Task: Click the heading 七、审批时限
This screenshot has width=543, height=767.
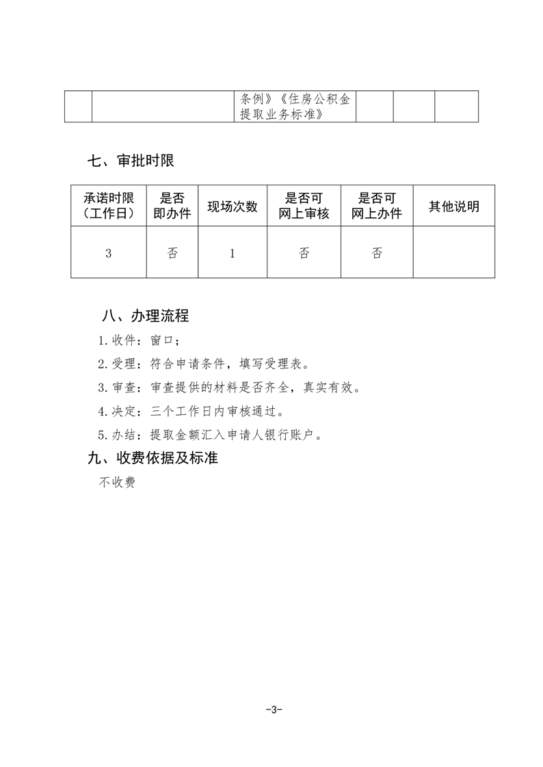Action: [131, 161]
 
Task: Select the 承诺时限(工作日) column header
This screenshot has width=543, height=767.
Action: [108, 206]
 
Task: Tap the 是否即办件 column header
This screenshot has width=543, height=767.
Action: [172, 206]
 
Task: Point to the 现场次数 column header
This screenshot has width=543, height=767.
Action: [233, 206]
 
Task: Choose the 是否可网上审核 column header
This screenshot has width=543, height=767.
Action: [304, 206]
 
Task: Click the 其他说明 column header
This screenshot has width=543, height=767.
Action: [453, 206]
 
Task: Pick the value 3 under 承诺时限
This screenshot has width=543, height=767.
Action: [108, 253]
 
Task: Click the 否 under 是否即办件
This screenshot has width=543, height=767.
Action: [172, 253]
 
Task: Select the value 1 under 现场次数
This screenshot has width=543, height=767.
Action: [233, 253]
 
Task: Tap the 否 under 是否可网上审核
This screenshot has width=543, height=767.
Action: [304, 253]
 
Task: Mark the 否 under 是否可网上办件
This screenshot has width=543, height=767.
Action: [377, 253]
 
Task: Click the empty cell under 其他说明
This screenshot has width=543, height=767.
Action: [453, 253]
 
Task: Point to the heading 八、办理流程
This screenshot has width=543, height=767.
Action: [144, 316]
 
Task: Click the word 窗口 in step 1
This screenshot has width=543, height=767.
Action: [164, 340]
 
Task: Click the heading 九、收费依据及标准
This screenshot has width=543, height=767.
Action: [153, 458]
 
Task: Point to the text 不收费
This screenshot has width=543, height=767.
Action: [117, 482]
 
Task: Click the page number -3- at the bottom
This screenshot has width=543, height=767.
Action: [273, 710]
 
